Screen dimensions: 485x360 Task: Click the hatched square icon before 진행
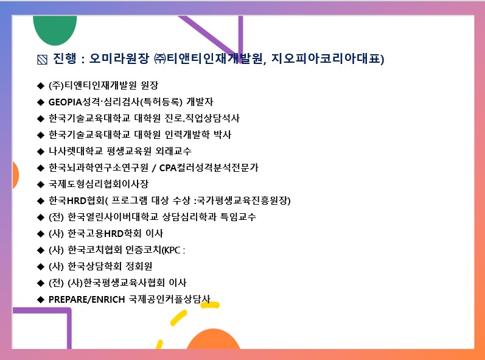pyautogui.click(x=43, y=59)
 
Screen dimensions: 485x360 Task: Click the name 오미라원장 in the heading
pyautogui.click(x=119, y=58)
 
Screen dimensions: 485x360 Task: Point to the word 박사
pyautogui.click(x=222, y=135)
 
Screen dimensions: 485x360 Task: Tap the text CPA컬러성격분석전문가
pyautogui.click(x=209, y=168)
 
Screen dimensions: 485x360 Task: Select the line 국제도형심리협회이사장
pyautogui.click(x=99, y=184)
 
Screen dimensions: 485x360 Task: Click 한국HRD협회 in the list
pyautogui.click(x=77, y=200)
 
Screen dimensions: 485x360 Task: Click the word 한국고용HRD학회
pyautogui.click(x=105, y=233)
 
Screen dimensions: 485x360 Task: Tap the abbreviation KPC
pyautogui.click(x=172, y=250)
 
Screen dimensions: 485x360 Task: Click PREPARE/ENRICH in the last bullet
pyautogui.click(x=86, y=299)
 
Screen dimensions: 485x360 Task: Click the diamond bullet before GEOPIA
pyautogui.click(x=41, y=102)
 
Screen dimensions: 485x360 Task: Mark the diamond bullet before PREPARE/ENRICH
pyautogui.click(x=41, y=299)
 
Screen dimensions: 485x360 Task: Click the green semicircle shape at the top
pyautogui.click(x=55, y=30)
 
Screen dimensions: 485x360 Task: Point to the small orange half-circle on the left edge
pyautogui.click(x=15, y=175)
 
